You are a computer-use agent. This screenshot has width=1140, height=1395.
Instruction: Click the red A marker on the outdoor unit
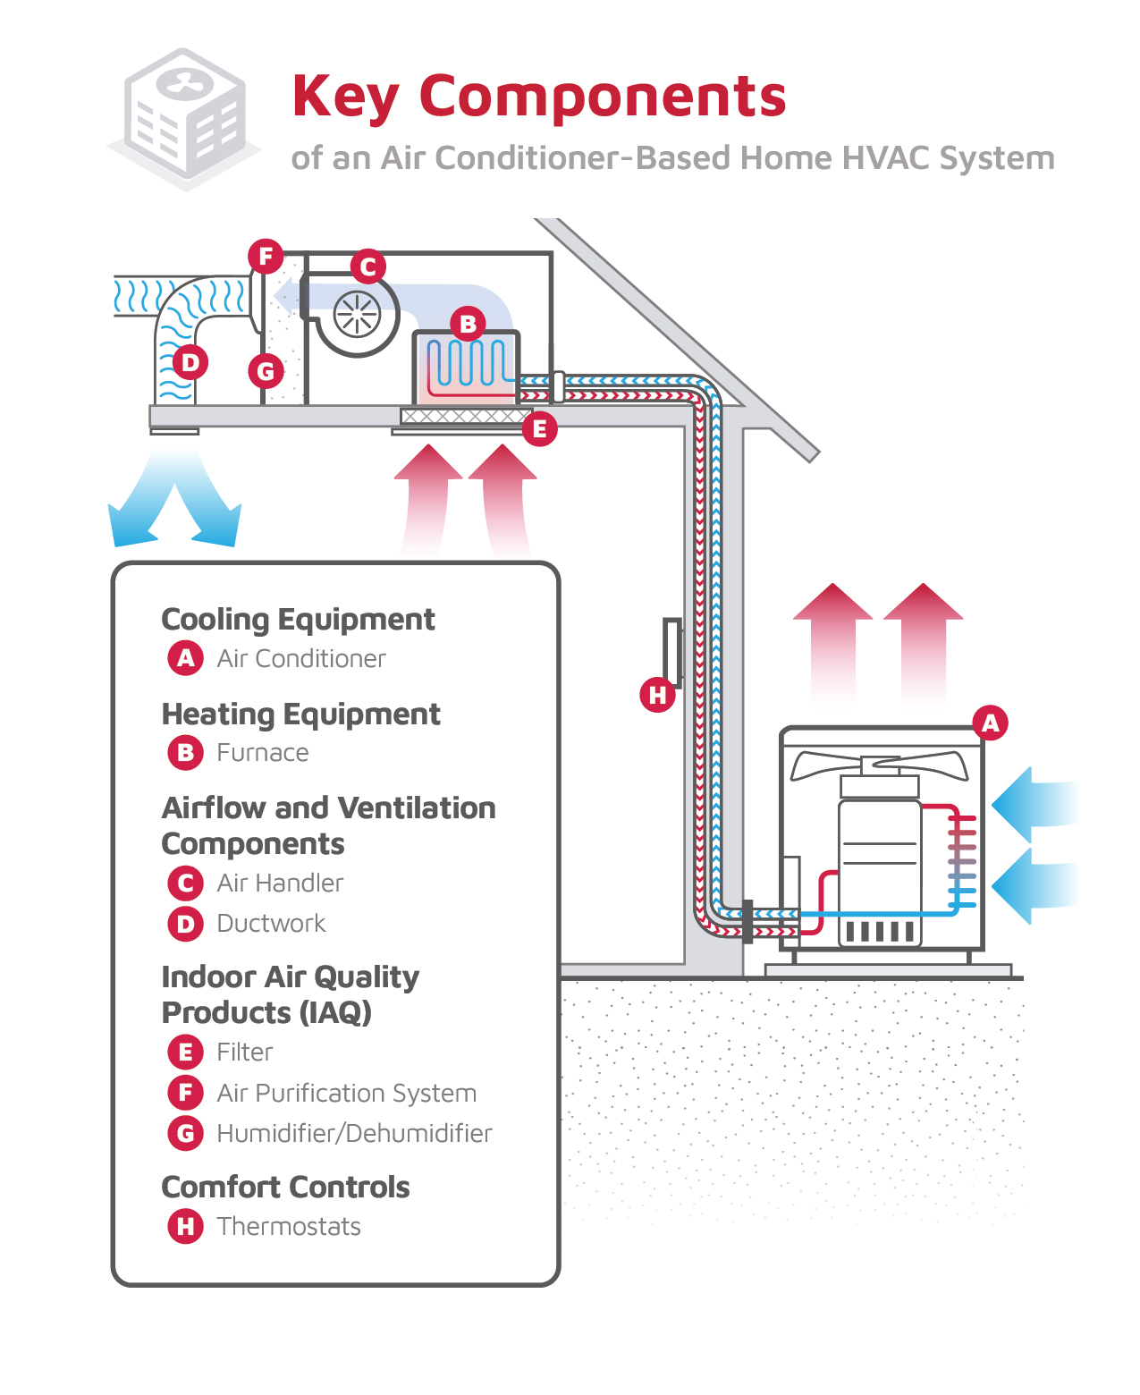990,723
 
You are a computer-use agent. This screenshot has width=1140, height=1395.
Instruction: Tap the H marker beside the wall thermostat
658,695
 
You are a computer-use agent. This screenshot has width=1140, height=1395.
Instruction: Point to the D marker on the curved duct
190,363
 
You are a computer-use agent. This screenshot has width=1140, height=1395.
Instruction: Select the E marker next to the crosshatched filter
539,429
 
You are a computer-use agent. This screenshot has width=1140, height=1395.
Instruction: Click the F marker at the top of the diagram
266,258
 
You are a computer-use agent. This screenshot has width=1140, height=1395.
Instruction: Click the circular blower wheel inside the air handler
357,315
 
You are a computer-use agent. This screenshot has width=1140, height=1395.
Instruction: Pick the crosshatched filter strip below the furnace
463,416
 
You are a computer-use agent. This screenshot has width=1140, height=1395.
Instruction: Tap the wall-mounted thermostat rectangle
672,652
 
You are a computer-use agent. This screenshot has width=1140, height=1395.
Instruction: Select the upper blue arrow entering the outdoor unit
1033,804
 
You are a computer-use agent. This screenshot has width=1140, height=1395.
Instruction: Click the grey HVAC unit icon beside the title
185,118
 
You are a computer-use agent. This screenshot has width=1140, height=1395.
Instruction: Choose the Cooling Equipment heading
298,619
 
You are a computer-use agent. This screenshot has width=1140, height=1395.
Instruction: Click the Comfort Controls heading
285,1187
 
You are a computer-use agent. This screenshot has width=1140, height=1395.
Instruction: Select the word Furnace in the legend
263,753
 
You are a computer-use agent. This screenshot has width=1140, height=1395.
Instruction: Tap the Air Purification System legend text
346,1093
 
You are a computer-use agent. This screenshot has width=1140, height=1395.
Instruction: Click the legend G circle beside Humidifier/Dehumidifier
185,1133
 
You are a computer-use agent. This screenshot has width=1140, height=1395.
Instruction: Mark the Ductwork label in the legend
271,923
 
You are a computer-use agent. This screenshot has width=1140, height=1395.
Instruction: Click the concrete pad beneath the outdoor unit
888,970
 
